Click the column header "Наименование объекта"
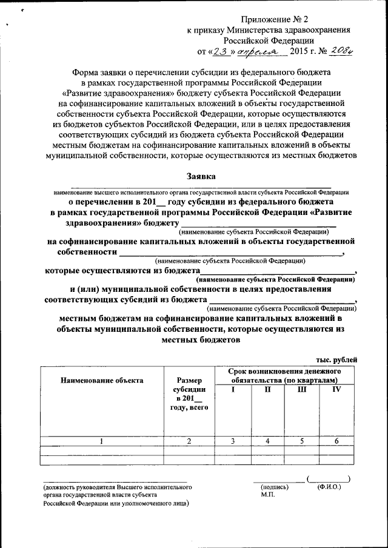pos(102,380)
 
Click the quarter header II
pos(267,389)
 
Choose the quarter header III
pos(302,389)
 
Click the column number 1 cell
pos(102,441)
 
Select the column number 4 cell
pos(267,441)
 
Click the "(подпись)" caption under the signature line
pos(272,487)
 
